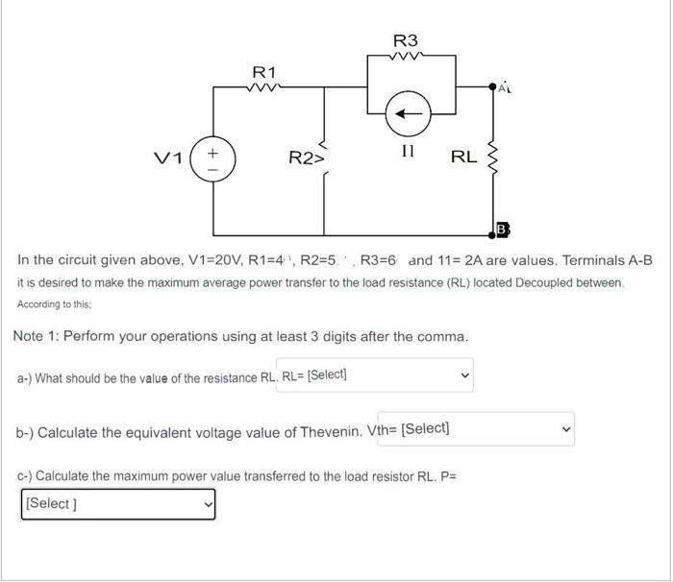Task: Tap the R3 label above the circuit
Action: click(x=406, y=40)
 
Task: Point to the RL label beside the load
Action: click(x=463, y=157)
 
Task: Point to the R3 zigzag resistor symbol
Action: click(x=406, y=56)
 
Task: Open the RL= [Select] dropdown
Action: click(x=376, y=375)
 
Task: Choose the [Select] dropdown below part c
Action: click(x=117, y=502)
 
